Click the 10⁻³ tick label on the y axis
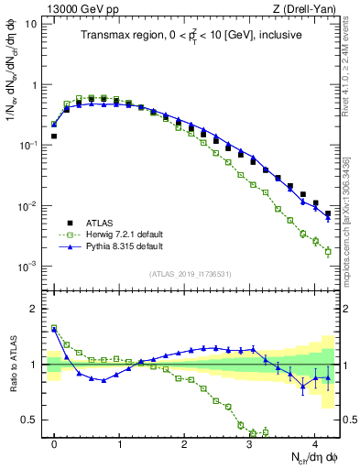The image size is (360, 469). (28, 267)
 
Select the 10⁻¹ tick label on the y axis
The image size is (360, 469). (28, 146)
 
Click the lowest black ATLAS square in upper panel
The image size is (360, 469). (328, 213)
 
